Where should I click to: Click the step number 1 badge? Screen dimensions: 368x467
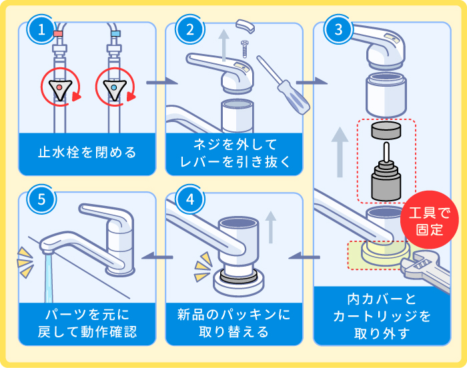click(x=42, y=29)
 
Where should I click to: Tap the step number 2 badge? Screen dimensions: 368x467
click(x=189, y=29)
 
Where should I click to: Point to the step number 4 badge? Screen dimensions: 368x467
click(x=189, y=199)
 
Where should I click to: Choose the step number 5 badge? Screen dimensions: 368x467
click(x=42, y=199)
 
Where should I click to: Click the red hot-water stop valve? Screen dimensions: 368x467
click(x=59, y=88)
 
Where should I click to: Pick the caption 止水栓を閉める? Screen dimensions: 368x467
click(x=87, y=153)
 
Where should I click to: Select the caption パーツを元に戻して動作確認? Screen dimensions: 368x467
click(x=87, y=322)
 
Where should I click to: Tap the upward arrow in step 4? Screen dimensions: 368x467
click(x=270, y=227)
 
